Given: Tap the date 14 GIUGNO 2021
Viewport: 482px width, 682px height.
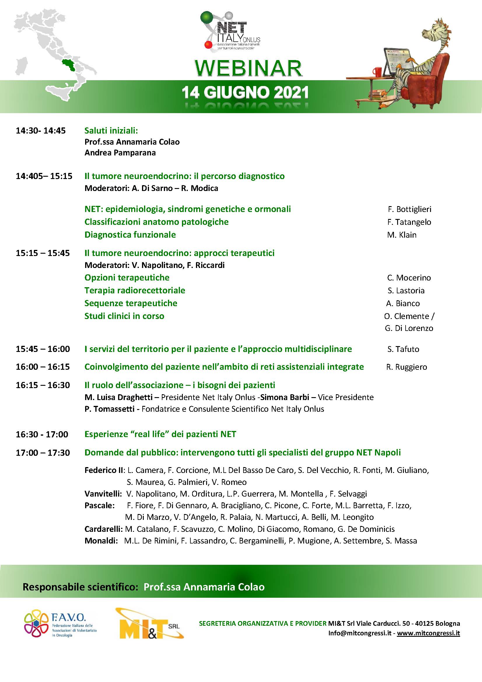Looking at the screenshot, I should coord(245,93).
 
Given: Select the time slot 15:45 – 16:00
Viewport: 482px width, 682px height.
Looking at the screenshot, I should coord(43,349).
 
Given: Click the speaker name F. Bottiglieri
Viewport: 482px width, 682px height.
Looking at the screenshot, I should coord(409,209).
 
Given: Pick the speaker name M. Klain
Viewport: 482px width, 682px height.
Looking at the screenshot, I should coord(402,235).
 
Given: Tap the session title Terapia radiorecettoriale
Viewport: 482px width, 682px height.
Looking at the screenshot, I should coord(134,290).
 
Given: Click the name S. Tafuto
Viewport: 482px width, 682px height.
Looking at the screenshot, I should coord(403,349).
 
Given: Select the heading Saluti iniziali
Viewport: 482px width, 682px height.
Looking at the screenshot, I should coord(111,130).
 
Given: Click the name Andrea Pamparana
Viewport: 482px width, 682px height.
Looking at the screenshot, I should coord(120,153).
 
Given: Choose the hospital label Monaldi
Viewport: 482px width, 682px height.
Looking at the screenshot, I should coord(101,541).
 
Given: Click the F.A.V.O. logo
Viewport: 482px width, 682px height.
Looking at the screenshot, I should coord(61,626).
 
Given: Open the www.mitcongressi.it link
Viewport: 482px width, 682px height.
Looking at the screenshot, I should coord(428,633).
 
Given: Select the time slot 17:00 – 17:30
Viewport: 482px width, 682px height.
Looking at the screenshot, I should coord(43,453).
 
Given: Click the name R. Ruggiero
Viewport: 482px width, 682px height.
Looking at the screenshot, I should coord(406,367).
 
